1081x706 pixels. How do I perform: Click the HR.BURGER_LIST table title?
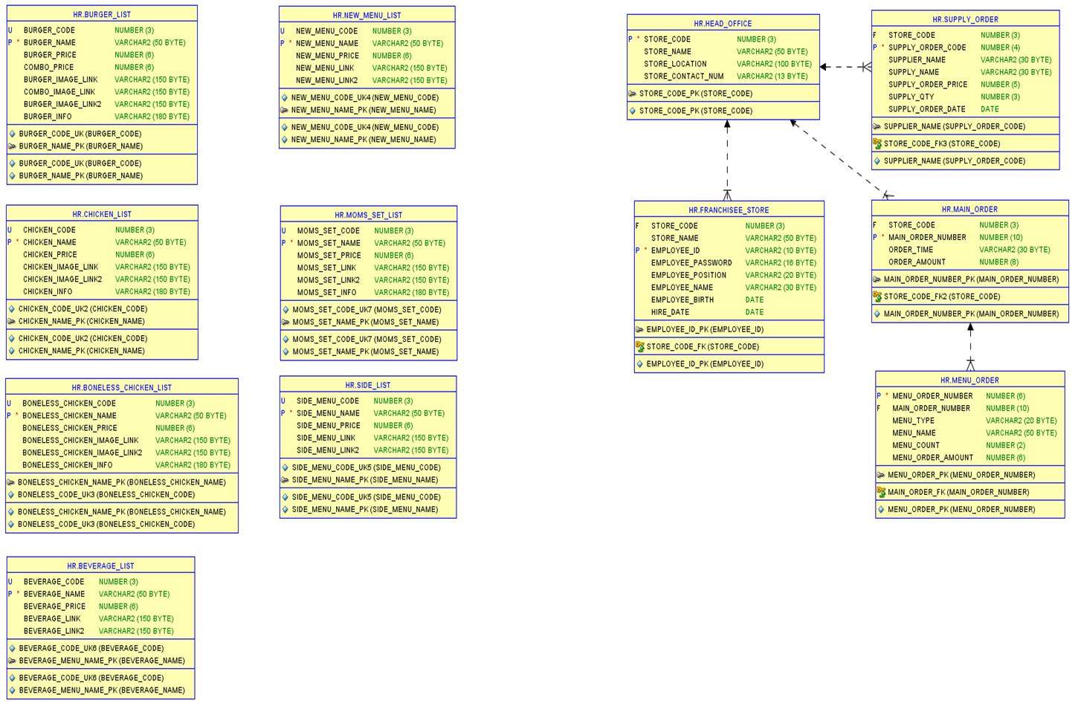tap(102, 15)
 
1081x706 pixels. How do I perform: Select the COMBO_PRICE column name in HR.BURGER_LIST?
tap(48, 68)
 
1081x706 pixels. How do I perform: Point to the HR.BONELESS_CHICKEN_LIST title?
tap(121, 388)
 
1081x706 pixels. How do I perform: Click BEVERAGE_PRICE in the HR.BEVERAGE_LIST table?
tap(54, 606)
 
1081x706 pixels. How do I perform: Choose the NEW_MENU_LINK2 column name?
tap(326, 80)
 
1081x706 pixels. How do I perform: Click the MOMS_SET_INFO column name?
tap(326, 293)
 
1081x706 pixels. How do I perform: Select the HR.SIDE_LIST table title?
tap(367, 386)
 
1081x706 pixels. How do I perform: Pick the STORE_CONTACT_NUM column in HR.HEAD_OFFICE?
tap(683, 77)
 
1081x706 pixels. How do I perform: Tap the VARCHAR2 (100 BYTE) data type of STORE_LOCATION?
tap(774, 65)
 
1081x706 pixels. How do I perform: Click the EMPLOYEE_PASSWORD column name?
tap(691, 263)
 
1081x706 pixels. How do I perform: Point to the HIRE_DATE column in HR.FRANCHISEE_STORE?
tap(670, 313)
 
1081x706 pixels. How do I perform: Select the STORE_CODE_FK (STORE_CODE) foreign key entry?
tap(703, 347)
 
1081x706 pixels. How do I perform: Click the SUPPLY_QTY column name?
tap(911, 97)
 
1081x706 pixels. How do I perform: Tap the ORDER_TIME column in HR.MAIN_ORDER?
tap(911, 250)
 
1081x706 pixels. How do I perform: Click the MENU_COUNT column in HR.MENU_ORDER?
tap(915, 446)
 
